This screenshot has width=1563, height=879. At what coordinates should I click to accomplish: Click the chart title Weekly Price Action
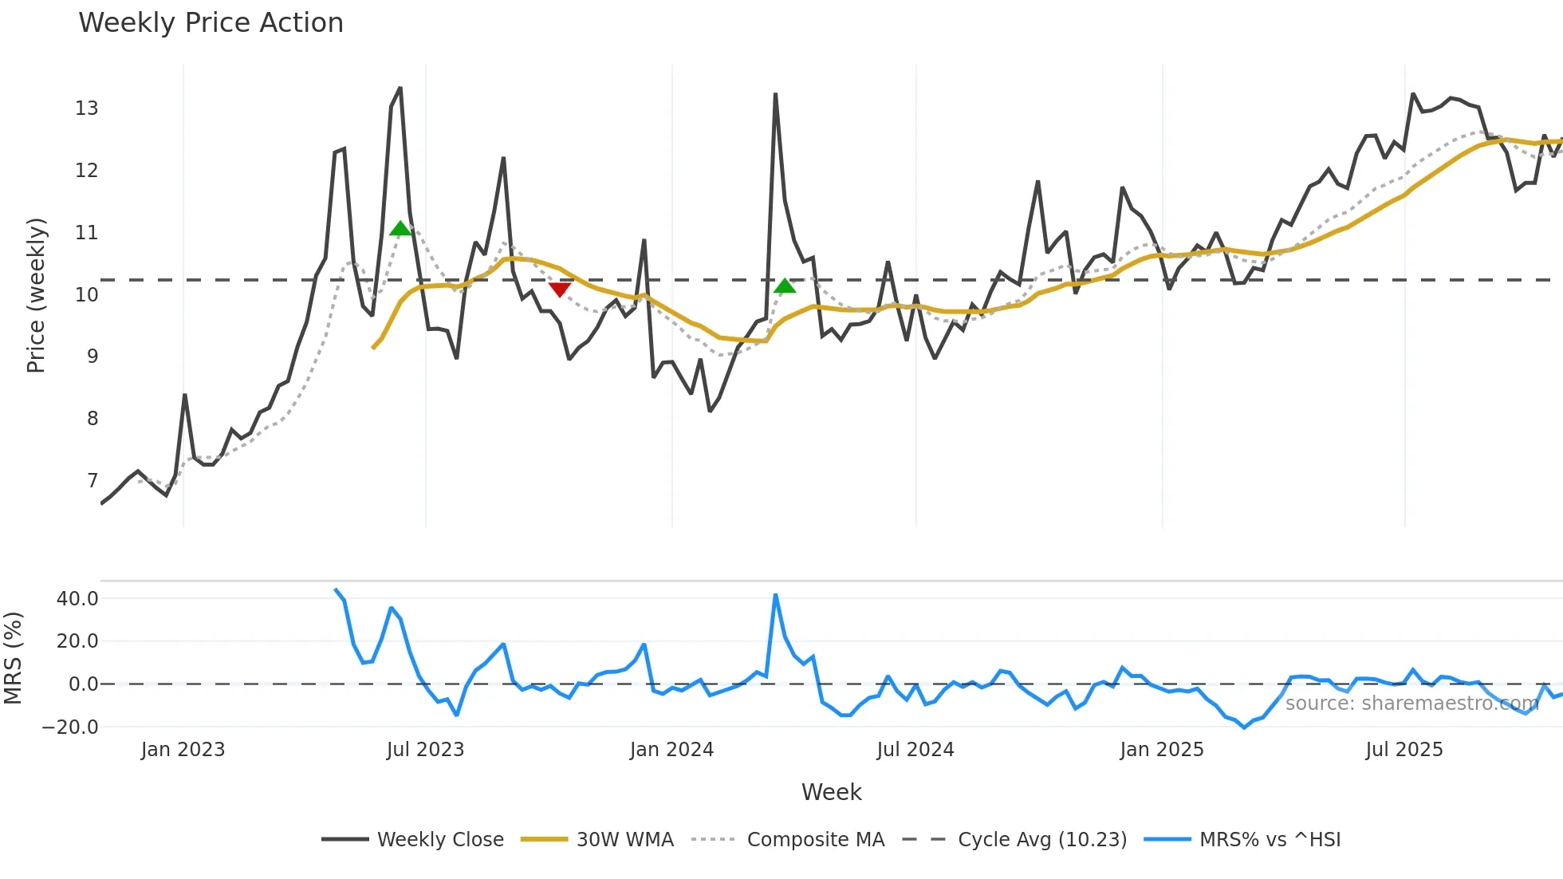pyautogui.click(x=211, y=23)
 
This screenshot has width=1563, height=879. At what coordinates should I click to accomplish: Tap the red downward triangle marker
pyautogui.click(x=560, y=289)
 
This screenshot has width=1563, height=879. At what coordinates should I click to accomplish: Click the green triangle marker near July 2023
pyautogui.click(x=400, y=229)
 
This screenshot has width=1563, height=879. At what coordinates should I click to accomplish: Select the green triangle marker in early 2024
pyautogui.click(x=785, y=286)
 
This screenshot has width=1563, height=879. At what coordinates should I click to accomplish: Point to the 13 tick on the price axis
pyautogui.click(x=86, y=108)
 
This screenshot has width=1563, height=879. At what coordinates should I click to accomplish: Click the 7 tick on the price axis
pyautogui.click(x=93, y=481)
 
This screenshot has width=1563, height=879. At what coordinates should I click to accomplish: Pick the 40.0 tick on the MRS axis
pyautogui.click(x=77, y=599)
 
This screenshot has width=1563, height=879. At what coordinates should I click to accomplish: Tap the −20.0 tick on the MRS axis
pyautogui.click(x=70, y=727)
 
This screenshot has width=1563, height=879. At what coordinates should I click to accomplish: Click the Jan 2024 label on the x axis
pyautogui.click(x=671, y=750)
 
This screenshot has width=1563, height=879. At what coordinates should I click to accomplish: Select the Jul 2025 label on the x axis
pyautogui.click(x=1404, y=750)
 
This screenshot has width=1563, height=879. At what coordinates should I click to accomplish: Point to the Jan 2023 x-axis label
pyautogui.click(x=183, y=750)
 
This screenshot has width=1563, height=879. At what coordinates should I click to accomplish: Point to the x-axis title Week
pyautogui.click(x=831, y=792)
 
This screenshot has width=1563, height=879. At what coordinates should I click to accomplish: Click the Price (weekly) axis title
pyautogui.click(x=37, y=295)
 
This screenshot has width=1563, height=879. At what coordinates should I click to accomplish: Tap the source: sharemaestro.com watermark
pyautogui.click(x=1411, y=704)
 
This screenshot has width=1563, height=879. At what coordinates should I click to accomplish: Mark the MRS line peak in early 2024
pyautogui.click(x=775, y=595)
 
